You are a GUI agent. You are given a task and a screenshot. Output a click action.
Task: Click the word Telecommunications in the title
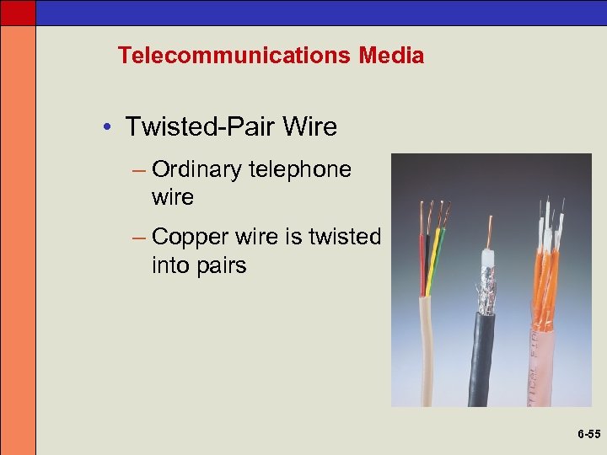tap(235, 56)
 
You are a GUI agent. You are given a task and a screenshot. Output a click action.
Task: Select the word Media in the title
tap(390, 56)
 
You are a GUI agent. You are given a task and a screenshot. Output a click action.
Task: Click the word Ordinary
tap(197, 169)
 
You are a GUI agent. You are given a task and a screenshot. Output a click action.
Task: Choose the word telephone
tap(300, 169)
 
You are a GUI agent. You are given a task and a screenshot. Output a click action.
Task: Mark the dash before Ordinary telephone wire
tap(140, 170)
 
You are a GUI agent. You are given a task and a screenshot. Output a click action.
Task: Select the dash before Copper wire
tap(140, 238)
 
